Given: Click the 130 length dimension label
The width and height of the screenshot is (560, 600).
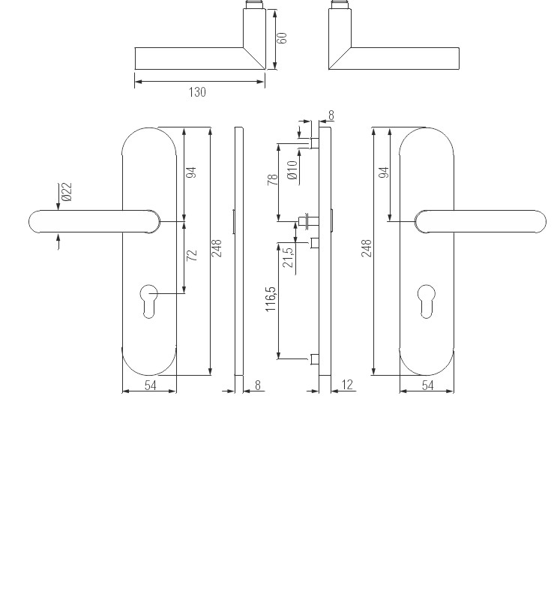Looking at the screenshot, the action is (x=197, y=92).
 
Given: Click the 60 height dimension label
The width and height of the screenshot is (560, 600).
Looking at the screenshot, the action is (x=282, y=38).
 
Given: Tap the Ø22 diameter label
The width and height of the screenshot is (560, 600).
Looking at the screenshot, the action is (x=67, y=192).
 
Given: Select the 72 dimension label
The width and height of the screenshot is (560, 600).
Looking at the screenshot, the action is (x=192, y=255).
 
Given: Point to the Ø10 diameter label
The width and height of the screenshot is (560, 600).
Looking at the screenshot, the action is (x=292, y=170).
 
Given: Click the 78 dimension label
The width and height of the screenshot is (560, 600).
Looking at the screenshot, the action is (x=272, y=179).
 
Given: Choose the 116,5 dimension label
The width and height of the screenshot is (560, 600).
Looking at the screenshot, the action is (x=271, y=299).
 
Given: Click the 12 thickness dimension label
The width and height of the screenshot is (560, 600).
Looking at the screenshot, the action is (x=346, y=385).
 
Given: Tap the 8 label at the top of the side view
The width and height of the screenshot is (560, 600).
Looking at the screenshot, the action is (x=331, y=115).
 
